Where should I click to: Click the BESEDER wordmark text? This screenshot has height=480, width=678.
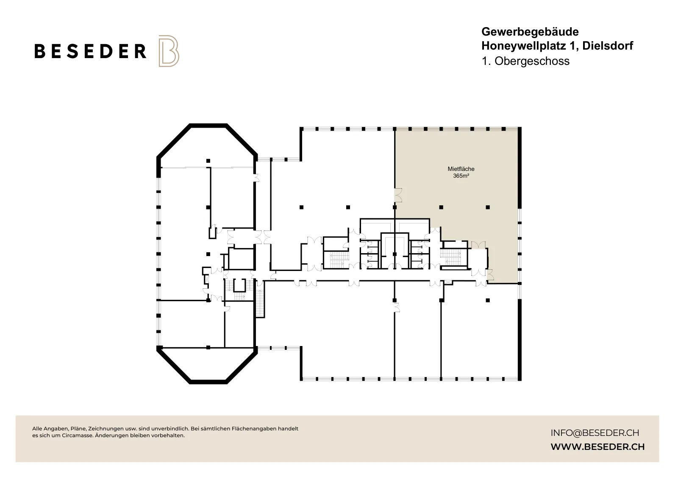(x=90, y=51)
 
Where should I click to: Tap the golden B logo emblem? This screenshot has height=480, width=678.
(x=169, y=51)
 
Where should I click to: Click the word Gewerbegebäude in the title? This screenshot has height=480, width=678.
(x=530, y=32)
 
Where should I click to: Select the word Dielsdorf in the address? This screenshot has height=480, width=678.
(x=608, y=46)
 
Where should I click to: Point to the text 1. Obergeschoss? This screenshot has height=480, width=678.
(x=525, y=61)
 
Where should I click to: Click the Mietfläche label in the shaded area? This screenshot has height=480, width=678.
(x=461, y=169)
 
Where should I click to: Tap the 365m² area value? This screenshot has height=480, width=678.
(x=461, y=176)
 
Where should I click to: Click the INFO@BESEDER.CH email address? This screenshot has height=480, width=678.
(x=595, y=433)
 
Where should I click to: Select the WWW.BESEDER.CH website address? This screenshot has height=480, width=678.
(x=597, y=447)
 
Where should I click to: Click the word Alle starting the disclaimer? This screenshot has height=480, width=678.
(x=37, y=429)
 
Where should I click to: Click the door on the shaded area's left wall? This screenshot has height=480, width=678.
(x=398, y=195)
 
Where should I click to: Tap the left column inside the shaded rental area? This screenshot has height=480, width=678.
(x=441, y=207)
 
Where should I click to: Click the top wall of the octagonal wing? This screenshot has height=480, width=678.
(x=208, y=126)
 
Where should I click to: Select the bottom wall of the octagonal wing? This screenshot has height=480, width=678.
(x=208, y=382)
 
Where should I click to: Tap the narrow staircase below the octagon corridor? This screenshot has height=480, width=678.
(x=260, y=303)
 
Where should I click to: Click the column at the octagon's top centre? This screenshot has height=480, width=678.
(x=208, y=161)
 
